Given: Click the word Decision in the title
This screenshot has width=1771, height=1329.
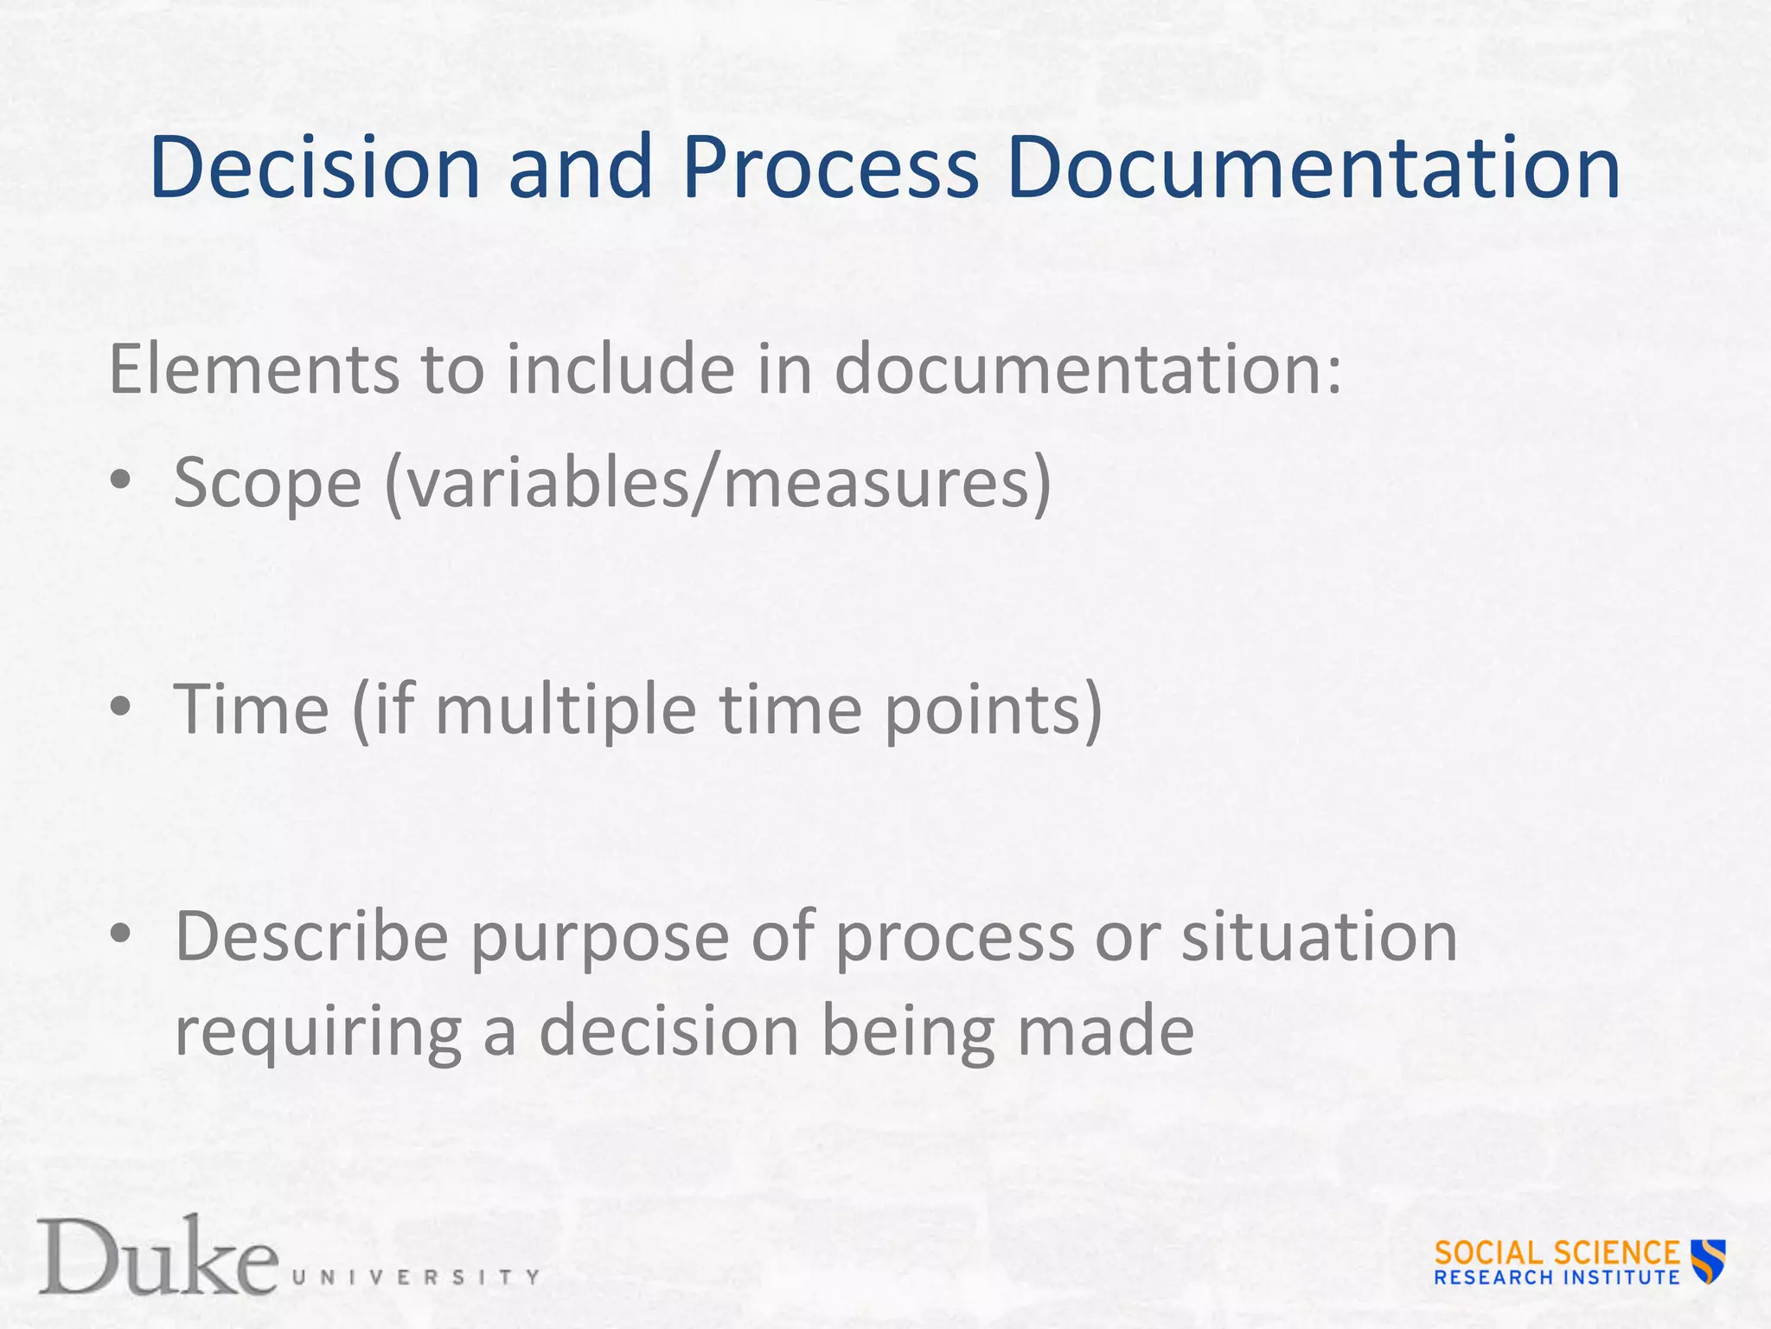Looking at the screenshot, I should tap(315, 168).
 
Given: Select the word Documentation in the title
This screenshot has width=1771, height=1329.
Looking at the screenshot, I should tap(1313, 168).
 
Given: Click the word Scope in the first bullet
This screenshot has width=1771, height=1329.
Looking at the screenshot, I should tap(267, 483).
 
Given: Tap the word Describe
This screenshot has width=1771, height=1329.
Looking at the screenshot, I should tap(311, 936).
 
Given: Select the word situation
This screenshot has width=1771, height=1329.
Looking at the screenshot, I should tap(1320, 936).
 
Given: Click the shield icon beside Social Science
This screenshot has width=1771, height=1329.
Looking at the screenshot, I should tap(1709, 1260).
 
